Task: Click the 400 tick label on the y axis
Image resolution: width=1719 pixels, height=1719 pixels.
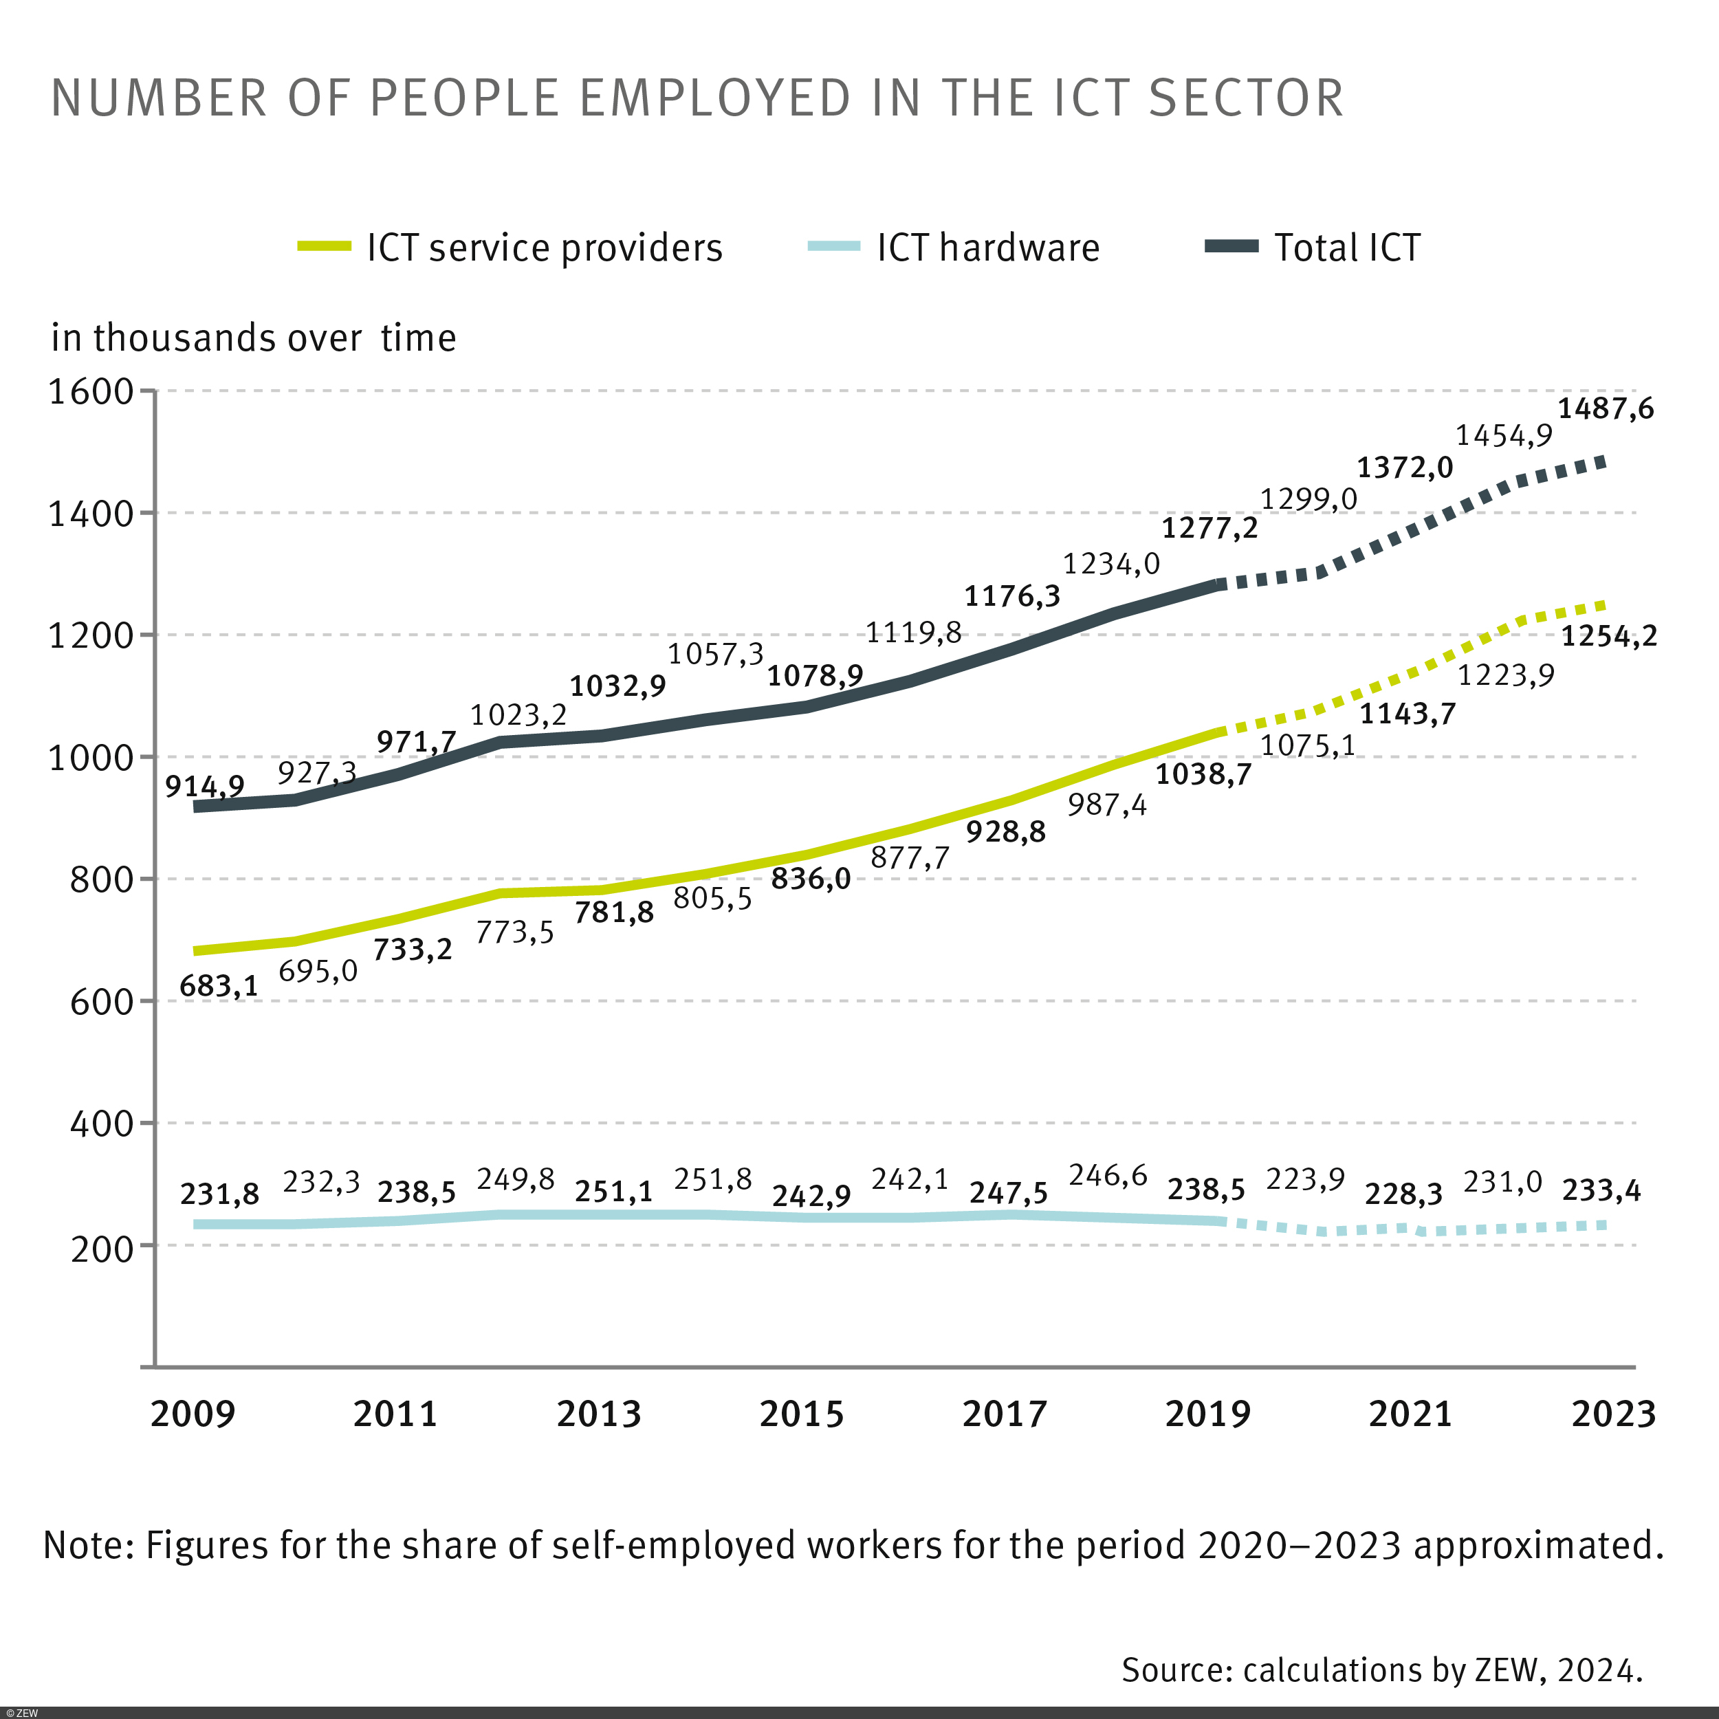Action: coord(102,1124)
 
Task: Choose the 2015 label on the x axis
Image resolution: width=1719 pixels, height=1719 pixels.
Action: coord(801,1414)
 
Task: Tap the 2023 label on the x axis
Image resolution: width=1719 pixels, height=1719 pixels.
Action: coord(1612,1414)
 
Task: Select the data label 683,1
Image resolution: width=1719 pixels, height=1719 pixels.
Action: coord(219,986)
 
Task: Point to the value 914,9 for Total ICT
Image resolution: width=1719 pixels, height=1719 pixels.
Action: coord(205,786)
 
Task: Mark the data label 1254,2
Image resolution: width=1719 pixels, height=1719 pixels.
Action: coord(1609,636)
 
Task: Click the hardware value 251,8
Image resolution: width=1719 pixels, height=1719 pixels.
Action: coord(712,1179)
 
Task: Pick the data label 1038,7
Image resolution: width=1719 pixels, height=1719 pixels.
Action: coord(1203,774)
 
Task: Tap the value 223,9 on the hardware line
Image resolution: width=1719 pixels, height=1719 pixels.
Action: coord(1305,1179)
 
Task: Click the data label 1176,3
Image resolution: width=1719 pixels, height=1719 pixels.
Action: coord(1013,596)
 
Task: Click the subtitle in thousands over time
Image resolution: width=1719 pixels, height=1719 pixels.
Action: coord(254,338)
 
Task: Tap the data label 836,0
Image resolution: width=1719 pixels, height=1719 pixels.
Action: coord(811,879)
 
